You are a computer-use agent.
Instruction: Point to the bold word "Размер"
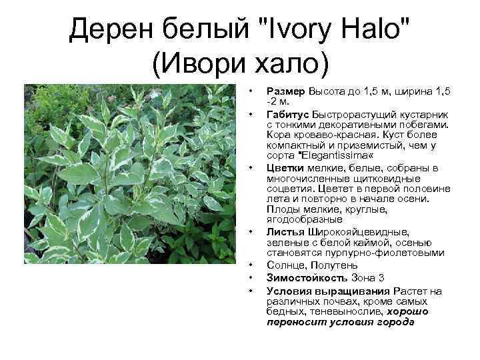click(285, 90)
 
